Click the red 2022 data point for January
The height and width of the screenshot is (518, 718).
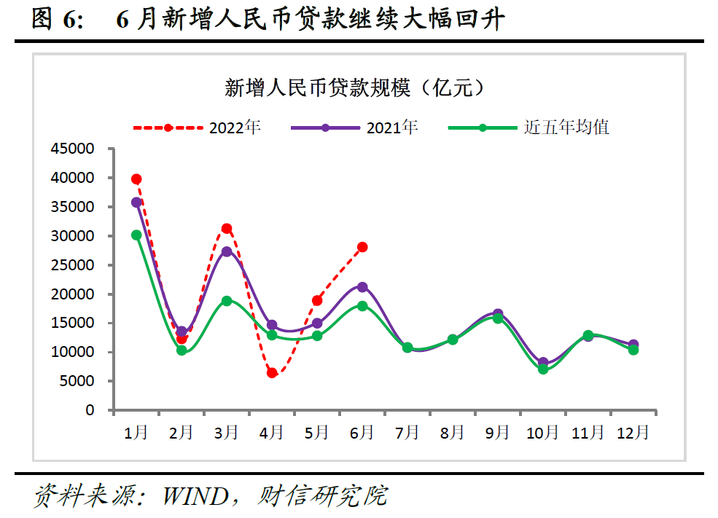coord(136,179)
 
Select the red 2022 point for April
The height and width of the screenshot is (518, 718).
coord(272,373)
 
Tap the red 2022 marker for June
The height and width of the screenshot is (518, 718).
coord(362,248)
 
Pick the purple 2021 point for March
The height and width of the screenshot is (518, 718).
coord(227,252)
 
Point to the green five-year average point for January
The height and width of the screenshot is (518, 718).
coord(136,235)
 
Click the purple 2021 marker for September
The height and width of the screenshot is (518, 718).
coord(498,314)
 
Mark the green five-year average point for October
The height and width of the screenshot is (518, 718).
coord(543,369)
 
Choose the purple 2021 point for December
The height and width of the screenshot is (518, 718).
coord(633,345)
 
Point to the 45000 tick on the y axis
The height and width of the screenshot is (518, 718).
coord(74,149)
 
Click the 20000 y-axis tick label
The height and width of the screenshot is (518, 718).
coord(74,294)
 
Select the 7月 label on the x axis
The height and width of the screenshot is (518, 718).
coord(407,433)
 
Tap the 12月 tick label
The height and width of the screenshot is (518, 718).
coord(633,433)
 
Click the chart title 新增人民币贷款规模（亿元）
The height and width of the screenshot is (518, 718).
coord(355,89)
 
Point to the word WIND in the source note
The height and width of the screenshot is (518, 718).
coord(195,497)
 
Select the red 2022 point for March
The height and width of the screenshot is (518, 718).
coord(227,229)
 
